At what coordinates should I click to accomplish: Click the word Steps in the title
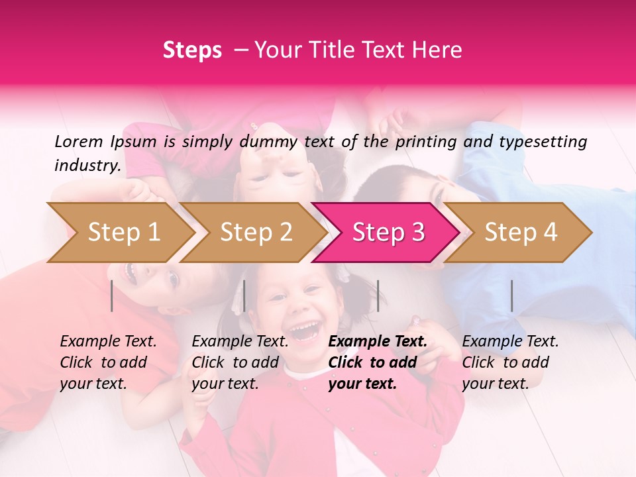(192, 50)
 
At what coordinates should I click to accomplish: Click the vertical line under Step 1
(112, 295)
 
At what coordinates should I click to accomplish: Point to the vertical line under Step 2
(244, 295)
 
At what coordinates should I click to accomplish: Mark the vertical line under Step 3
(378, 295)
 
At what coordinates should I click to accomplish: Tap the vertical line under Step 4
(511, 295)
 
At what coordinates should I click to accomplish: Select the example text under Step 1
(108, 362)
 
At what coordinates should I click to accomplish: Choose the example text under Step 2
(240, 362)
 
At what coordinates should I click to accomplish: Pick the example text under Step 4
(510, 362)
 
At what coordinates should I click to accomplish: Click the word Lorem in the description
(79, 141)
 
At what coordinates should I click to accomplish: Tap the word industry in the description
(87, 165)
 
